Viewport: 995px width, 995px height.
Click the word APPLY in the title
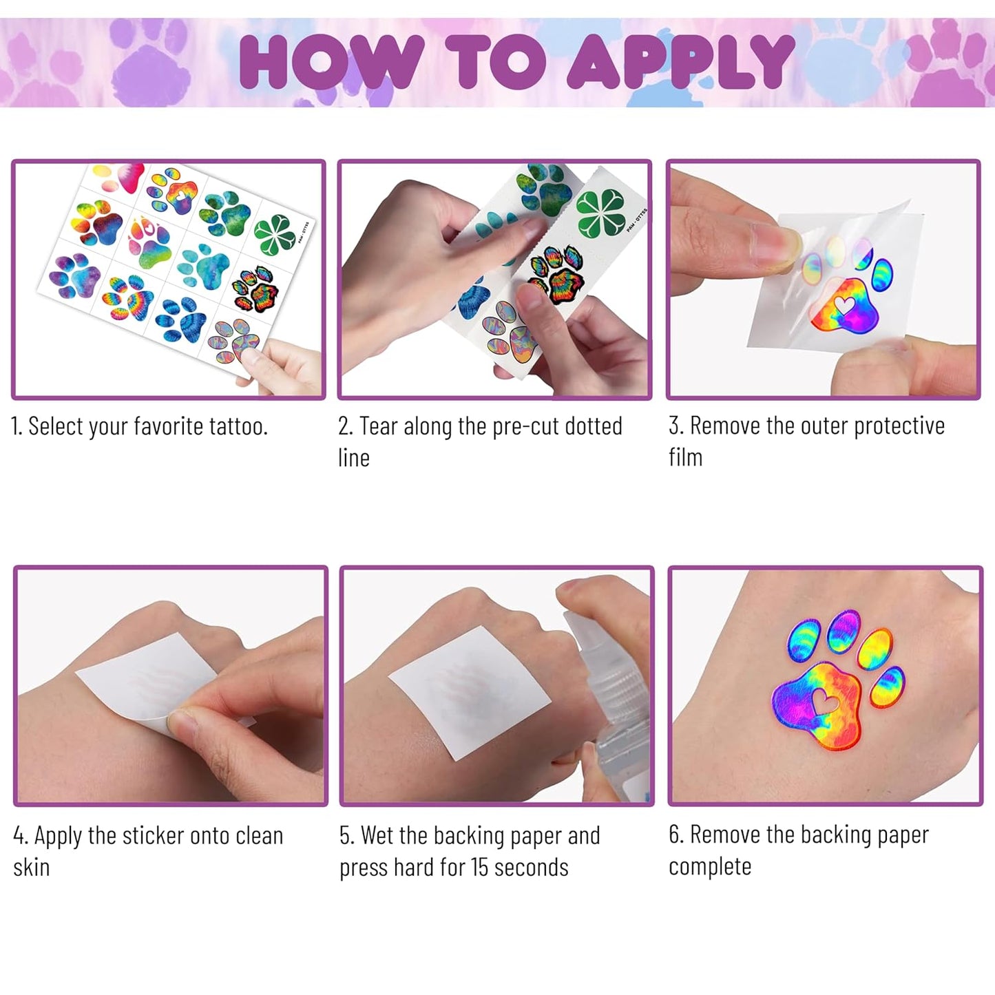tap(681, 61)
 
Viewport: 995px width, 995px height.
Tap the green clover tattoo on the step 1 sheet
tap(275, 235)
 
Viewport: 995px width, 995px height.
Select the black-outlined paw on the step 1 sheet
tap(255, 289)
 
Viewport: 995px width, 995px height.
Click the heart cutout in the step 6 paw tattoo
tap(824, 700)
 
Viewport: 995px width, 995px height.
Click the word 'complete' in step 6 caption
tap(710, 867)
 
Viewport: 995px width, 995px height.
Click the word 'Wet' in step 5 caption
tap(375, 836)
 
